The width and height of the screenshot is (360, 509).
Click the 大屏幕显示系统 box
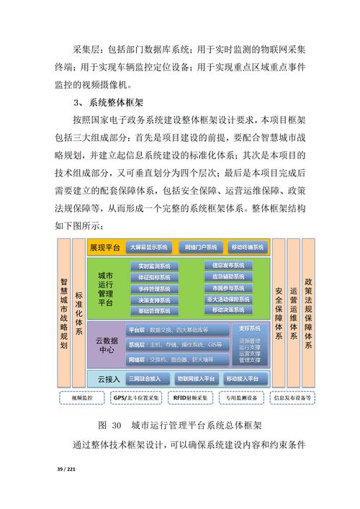148,247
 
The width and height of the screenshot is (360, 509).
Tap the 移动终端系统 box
248,247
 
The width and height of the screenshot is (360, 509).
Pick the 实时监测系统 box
154,266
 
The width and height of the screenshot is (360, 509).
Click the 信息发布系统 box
228,265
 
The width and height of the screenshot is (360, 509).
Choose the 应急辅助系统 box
228,276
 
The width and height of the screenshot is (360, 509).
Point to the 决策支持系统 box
154,299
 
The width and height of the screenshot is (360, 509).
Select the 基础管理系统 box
154,311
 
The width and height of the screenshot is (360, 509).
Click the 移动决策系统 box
228,310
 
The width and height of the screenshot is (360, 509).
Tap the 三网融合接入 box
148,378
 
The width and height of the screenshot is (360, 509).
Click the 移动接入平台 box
246,378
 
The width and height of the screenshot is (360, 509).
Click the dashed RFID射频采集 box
190,397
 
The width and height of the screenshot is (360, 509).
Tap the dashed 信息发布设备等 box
292,397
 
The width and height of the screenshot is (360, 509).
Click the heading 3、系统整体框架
113,102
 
